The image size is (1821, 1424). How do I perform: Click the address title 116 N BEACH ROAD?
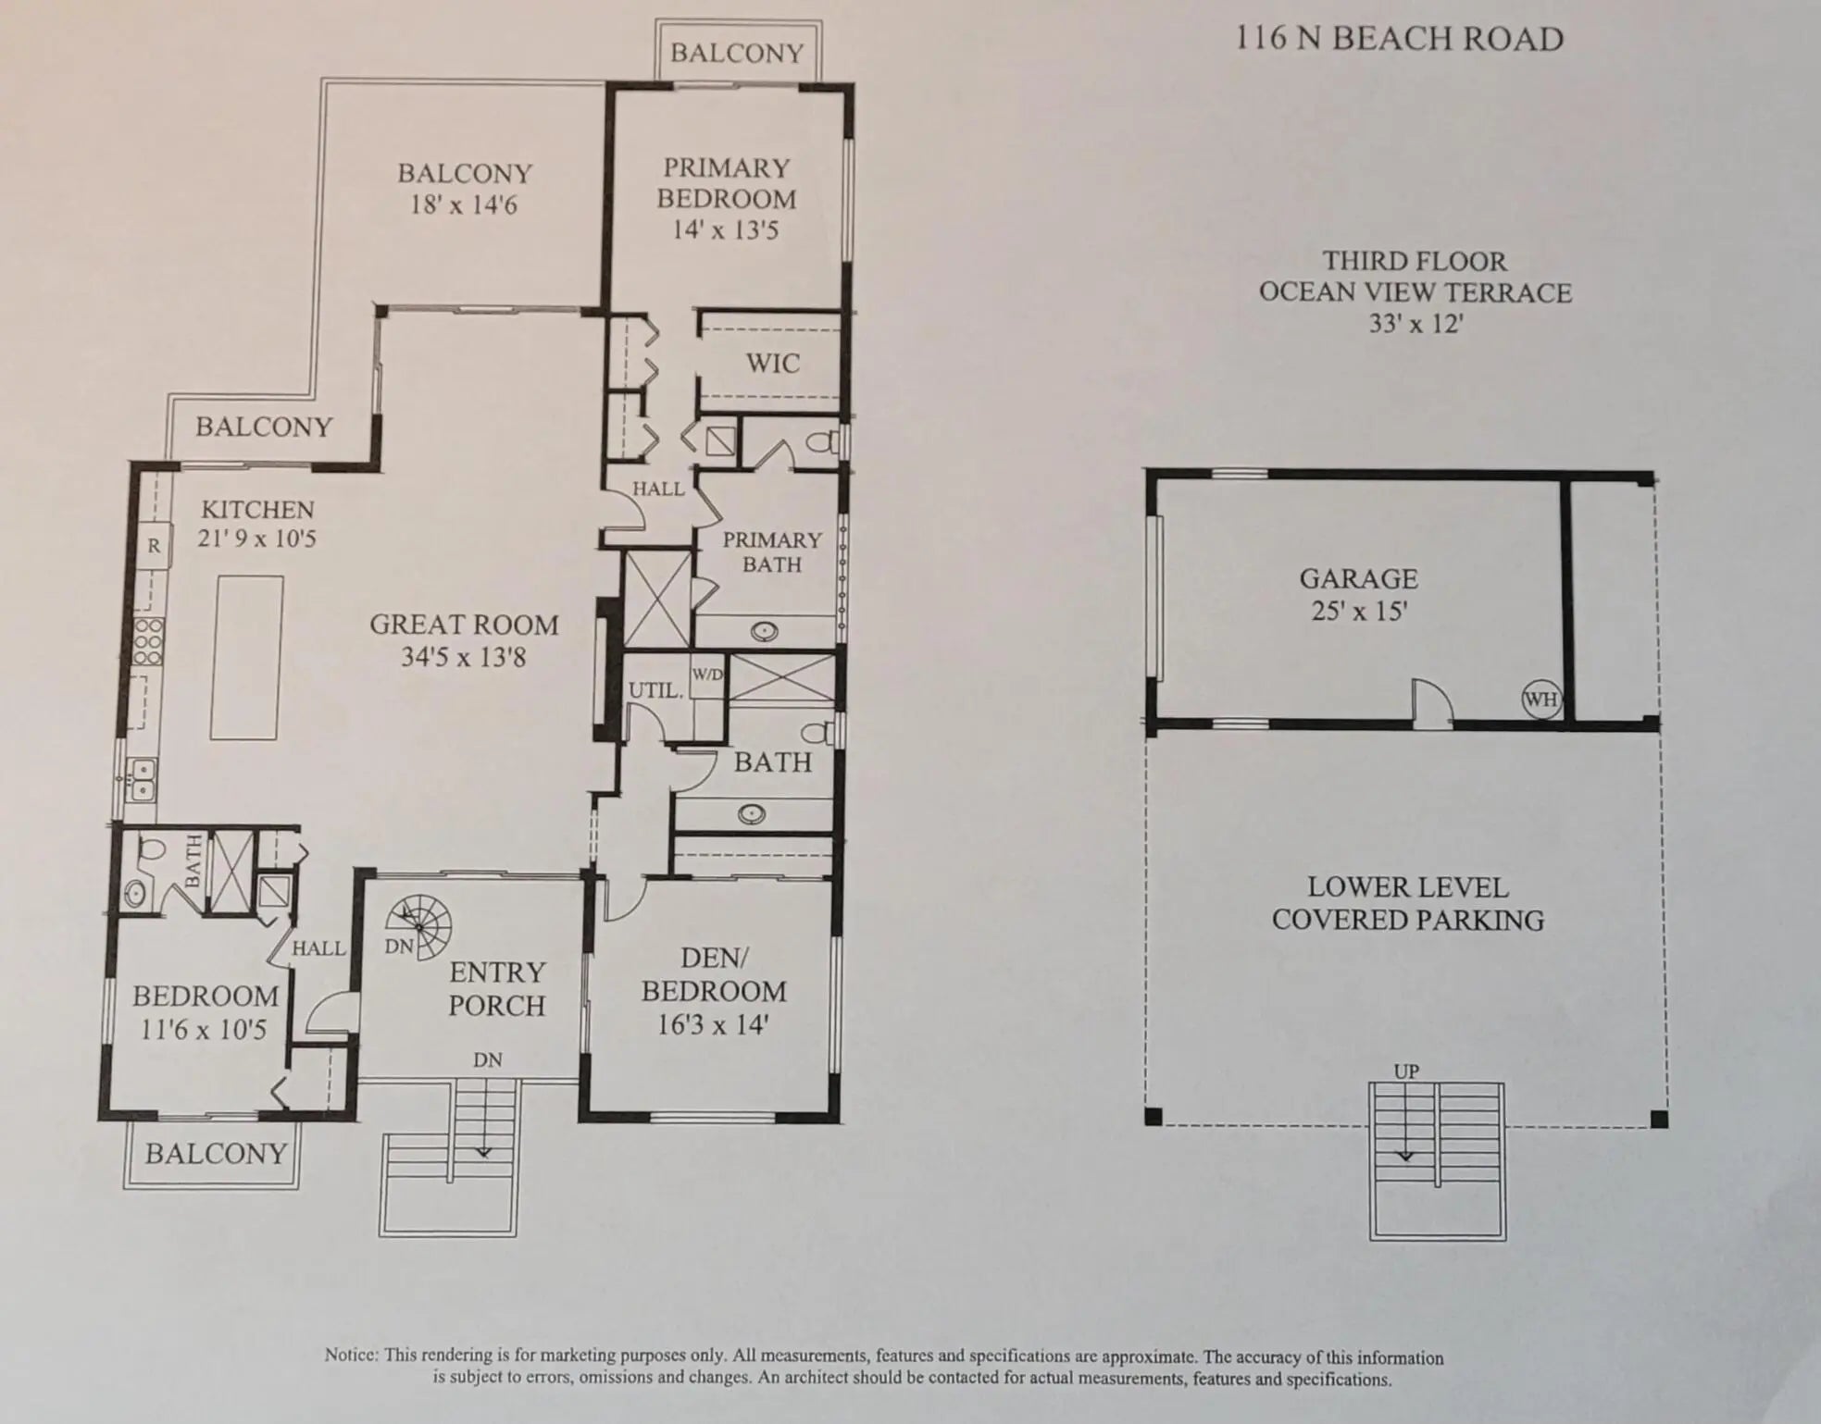(x=1400, y=39)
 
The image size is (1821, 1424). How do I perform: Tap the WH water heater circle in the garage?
(x=1540, y=700)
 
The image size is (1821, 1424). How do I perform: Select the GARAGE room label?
(x=1358, y=579)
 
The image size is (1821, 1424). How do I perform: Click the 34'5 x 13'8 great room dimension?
(x=463, y=657)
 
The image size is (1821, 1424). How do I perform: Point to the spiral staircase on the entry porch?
(x=422, y=924)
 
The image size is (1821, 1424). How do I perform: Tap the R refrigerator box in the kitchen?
(x=154, y=546)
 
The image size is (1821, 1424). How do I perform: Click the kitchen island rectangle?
(x=246, y=657)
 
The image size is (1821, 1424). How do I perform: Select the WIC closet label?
(x=772, y=363)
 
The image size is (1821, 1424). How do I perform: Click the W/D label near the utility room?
(x=707, y=675)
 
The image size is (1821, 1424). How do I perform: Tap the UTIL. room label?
(x=655, y=690)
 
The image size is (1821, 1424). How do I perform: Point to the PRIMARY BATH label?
(x=772, y=552)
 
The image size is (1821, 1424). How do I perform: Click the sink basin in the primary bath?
(x=764, y=632)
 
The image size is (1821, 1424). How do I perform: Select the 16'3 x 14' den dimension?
(x=713, y=1025)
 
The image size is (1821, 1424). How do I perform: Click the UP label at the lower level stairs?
(x=1406, y=1071)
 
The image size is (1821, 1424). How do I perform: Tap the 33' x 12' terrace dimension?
(x=1416, y=324)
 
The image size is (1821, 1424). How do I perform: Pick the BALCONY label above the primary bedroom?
(x=737, y=53)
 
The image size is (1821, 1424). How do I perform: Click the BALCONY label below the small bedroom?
(x=216, y=1154)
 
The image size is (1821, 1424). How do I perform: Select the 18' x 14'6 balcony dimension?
(x=463, y=204)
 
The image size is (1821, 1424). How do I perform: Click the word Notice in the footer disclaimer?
(x=351, y=1355)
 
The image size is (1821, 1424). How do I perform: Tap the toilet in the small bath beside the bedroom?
(x=150, y=848)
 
